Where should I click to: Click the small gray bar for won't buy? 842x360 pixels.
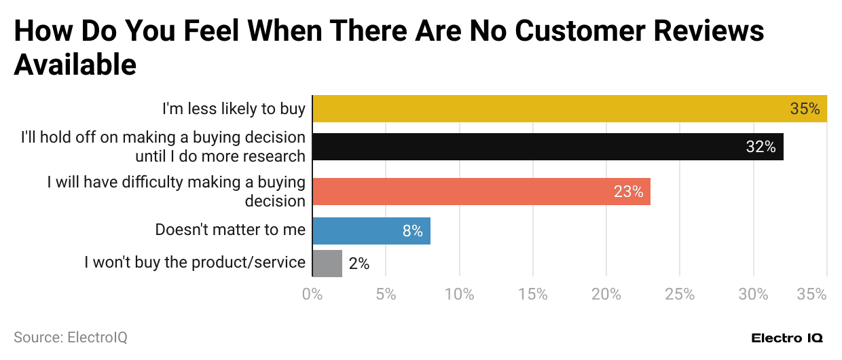point(327,263)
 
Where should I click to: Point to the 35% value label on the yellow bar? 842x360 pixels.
point(805,109)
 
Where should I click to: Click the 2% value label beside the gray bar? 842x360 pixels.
point(359,264)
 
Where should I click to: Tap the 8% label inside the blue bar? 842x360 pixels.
point(412,231)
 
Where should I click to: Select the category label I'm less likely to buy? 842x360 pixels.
point(234,109)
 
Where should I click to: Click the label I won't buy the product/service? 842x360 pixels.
point(195,262)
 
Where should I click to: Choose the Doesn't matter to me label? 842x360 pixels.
point(230,230)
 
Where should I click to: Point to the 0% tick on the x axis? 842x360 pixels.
point(312,295)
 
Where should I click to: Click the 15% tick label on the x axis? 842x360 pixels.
point(533,295)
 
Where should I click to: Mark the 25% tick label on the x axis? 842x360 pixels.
point(680,295)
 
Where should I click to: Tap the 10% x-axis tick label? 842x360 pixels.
point(460,295)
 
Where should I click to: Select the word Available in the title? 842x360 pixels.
point(75,65)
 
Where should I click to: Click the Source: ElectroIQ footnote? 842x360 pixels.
point(71,337)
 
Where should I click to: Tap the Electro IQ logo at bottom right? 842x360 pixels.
point(787,338)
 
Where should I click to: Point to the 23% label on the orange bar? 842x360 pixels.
point(628,192)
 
